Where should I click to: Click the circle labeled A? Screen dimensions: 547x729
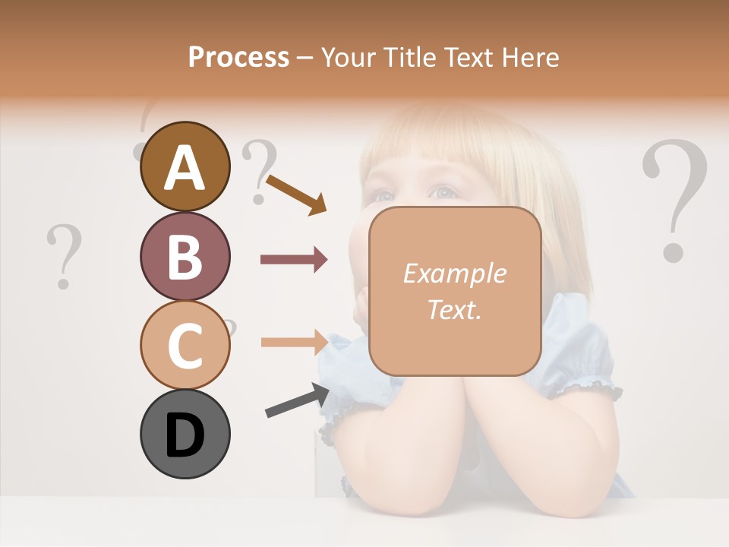click(185, 167)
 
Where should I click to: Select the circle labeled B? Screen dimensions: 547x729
click(185, 256)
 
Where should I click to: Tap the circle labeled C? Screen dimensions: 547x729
click(185, 345)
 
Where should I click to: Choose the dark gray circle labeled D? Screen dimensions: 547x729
click(185, 434)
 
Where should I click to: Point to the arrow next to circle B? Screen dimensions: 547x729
click(294, 260)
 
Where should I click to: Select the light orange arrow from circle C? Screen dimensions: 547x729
click(294, 342)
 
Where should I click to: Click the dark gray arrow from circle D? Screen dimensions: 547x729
click(297, 400)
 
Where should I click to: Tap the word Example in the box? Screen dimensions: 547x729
click(454, 273)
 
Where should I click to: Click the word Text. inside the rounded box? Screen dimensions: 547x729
click(454, 310)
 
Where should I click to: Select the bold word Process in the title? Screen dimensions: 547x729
click(238, 57)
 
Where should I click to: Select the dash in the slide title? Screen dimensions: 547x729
click(305, 58)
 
